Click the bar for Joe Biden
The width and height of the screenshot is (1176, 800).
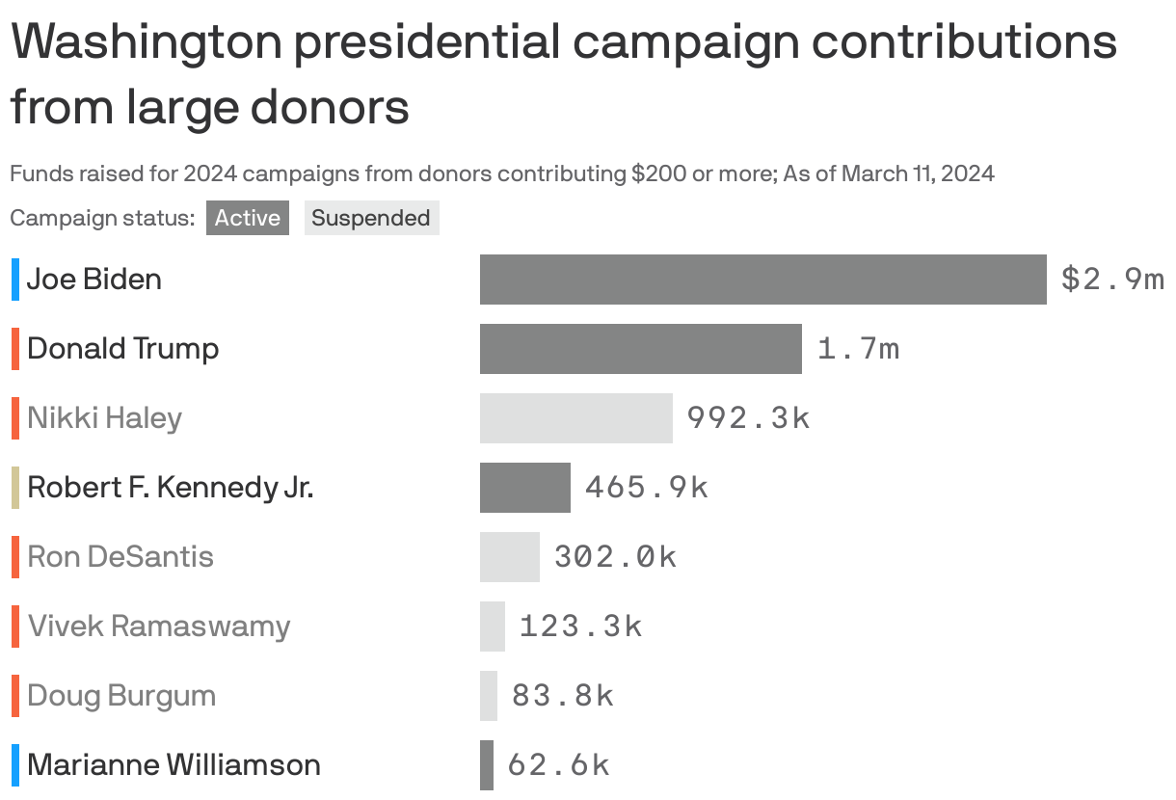click(762, 280)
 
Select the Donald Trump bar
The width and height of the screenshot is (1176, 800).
click(640, 349)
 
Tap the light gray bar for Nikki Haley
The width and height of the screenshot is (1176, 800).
click(575, 418)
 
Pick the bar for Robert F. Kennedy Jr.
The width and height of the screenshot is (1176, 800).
click(524, 488)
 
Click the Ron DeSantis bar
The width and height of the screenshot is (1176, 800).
click(509, 557)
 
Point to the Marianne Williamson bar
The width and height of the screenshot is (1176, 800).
click(487, 765)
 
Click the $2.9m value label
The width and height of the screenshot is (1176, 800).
click(1112, 280)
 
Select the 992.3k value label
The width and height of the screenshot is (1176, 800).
click(748, 418)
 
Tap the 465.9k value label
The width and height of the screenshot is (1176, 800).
click(646, 488)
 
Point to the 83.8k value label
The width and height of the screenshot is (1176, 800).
click(562, 696)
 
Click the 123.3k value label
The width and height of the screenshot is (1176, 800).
click(580, 627)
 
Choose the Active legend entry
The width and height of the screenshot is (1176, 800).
click(247, 218)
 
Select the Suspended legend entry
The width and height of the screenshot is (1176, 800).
click(371, 218)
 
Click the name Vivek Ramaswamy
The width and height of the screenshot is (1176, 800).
click(159, 627)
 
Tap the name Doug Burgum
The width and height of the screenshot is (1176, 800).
click(121, 696)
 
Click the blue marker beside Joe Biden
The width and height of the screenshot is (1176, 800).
click(15, 280)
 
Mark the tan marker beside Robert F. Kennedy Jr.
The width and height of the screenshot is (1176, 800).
click(15, 488)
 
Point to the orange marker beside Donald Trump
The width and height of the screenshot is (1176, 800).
click(15, 349)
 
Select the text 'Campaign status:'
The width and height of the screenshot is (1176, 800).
click(102, 218)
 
